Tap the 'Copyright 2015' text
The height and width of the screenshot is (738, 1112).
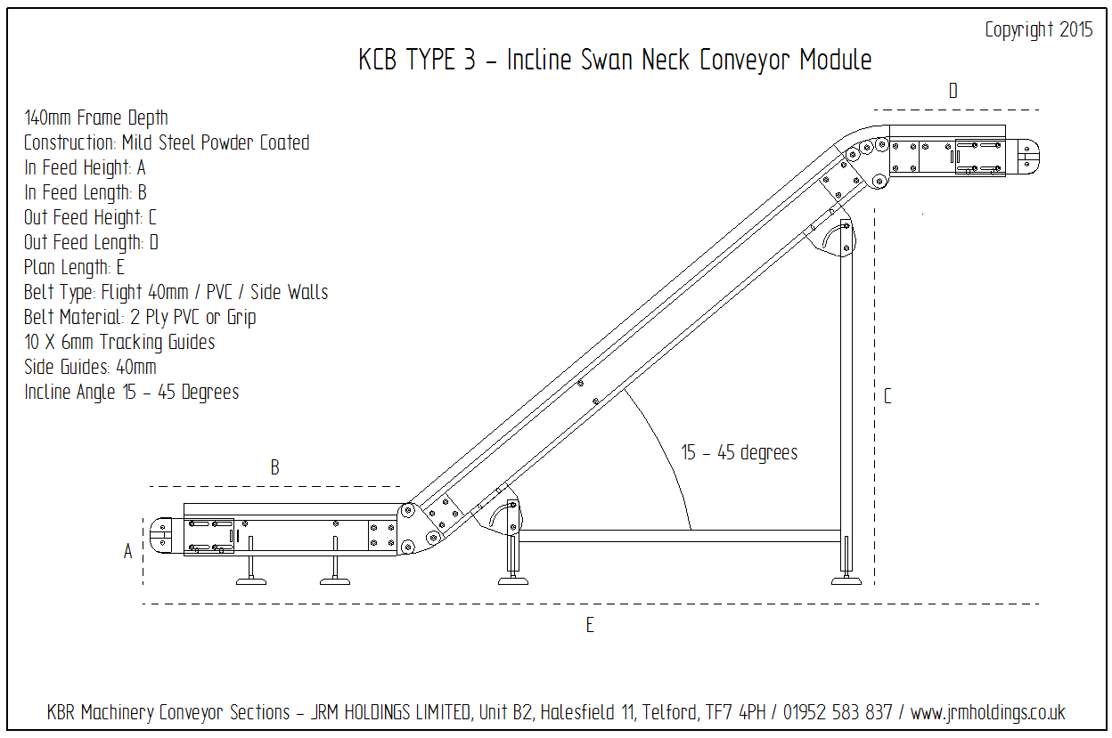coord(1038,30)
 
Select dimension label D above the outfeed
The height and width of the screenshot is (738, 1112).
coord(953,91)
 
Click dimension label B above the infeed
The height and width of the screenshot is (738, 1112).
coord(275,468)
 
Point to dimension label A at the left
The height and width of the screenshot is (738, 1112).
coord(128,552)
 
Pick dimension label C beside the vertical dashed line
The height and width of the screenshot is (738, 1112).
coord(887,397)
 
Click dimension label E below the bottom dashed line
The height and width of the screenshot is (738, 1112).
coord(590,626)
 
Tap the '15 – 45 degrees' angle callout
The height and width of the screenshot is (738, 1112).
coord(740,453)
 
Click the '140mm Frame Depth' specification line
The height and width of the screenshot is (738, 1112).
coord(96,118)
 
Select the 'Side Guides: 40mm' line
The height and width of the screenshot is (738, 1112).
coord(90,367)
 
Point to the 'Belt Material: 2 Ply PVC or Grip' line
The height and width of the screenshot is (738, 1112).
coord(140,317)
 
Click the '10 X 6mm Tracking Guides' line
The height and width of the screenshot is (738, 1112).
coord(119,342)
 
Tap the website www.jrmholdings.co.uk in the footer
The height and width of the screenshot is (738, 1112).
coord(987,713)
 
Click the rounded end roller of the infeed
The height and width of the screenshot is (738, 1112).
coord(161,538)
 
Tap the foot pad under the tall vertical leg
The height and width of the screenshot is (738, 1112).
coord(846,580)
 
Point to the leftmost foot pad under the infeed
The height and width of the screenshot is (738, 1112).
coord(250,581)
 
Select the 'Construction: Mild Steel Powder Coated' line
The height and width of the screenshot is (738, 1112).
coord(167,142)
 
